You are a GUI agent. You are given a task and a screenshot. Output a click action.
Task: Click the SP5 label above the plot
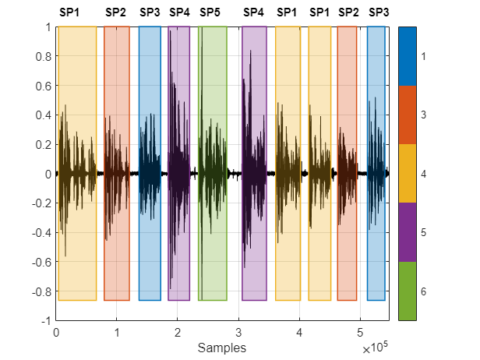pyautogui.click(x=210, y=12)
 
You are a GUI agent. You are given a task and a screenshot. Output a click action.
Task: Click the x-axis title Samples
pyautogui.click(x=223, y=347)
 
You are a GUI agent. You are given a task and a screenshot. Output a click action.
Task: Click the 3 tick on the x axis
pyautogui.click(x=238, y=331)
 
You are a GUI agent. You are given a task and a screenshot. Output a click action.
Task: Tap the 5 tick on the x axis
pyautogui.click(x=360, y=331)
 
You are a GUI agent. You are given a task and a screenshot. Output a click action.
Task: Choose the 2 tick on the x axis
pyautogui.click(x=178, y=331)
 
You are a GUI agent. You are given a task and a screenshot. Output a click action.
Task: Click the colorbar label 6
pyautogui.click(x=424, y=291)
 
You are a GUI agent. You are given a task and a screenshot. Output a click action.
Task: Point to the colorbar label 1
pyautogui.click(x=424, y=56)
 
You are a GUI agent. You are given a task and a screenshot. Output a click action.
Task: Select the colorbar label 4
pyautogui.click(x=424, y=174)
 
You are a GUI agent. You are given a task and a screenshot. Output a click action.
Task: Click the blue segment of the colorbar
pyautogui.click(x=408, y=56)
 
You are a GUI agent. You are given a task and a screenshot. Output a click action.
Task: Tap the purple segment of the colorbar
pyautogui.click(x=408, y=232)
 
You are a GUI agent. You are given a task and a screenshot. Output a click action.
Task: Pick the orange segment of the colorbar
pyautogui.click(x=408, y=115)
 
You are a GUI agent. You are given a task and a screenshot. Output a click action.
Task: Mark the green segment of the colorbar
pyautogui.click(x=408, y=291)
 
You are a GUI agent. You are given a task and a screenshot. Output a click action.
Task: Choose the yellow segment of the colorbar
pyautogui.click(x=408, y=174)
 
